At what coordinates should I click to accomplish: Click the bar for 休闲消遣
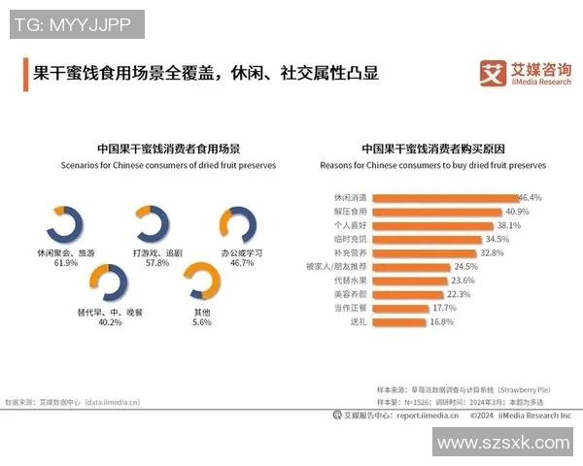click(x=443, y=197)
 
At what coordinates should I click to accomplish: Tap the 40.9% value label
click(x=517, y=211)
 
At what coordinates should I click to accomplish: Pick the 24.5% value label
click(x=466, y=266)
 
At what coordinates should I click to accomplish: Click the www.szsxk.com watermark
click(x=502, y=443)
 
